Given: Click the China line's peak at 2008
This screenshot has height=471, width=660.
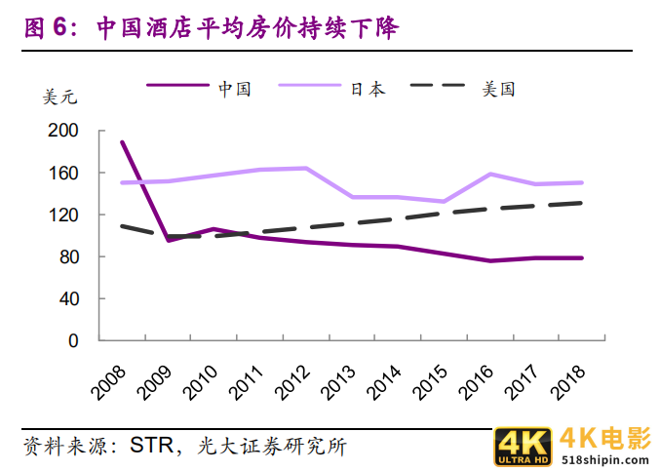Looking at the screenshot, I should [x=123, y=142].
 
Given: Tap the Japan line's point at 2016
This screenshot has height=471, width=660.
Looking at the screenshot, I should [x=489, y=175].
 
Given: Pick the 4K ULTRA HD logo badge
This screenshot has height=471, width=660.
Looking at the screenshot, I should [x=524, y=446].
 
